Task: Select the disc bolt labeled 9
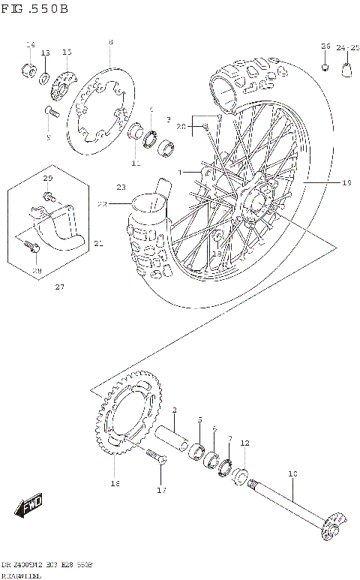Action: click(51, 113)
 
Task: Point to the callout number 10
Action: click(292, 473)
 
